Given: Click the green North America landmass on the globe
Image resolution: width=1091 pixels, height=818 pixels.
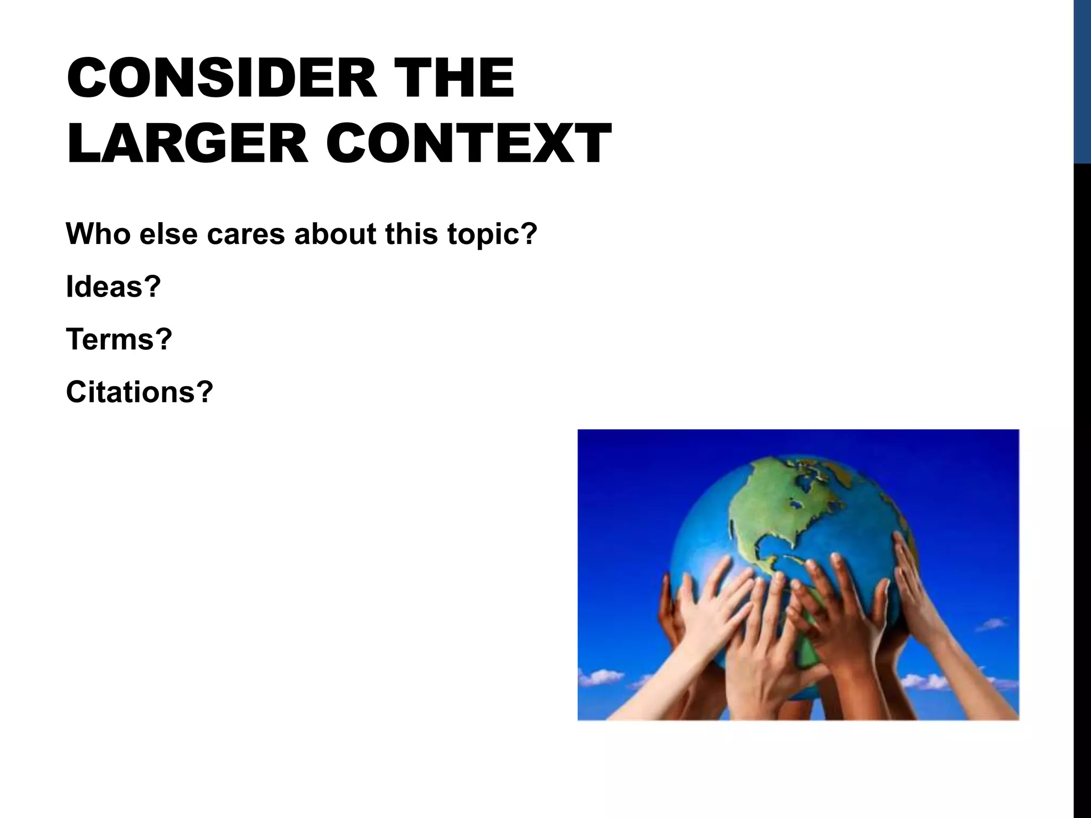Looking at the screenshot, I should tap(767, 506).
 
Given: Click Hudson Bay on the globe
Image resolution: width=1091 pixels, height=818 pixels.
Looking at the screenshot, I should tap(796, 502).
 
